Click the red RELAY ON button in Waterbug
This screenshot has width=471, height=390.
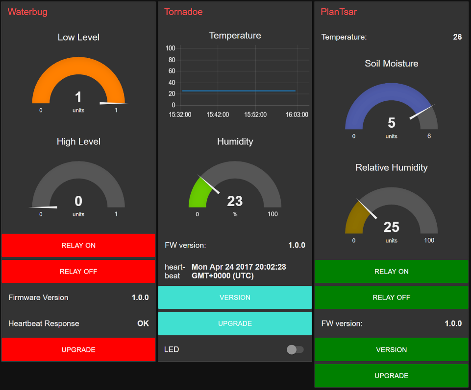click(78, 245)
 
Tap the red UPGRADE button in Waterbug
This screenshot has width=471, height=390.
click(78, 349)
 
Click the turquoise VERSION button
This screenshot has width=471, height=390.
click(235, 298)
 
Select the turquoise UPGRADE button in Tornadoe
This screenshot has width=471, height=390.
click(235, 323)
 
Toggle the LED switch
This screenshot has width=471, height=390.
click(295, 349)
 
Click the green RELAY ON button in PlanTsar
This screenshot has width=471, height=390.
click(391, 271)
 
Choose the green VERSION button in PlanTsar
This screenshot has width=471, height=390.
click(391, 349)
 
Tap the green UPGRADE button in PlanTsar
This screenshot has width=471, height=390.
click(391, 375)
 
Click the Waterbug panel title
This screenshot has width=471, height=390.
click(27, 12)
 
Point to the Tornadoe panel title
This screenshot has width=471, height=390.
click(183, 12)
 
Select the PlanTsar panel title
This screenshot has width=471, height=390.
click(339, 12)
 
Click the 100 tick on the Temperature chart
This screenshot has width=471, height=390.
click(171, 48)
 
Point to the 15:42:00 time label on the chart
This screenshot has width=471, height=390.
click(218, 115)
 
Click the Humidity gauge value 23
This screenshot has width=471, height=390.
click(235, 201)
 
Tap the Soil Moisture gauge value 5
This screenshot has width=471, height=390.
click(391, 122)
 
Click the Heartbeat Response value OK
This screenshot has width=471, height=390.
click(143, 323)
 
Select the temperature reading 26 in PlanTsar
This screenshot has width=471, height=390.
click(457, 37)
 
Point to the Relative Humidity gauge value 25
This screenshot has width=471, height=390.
click(391, 227)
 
